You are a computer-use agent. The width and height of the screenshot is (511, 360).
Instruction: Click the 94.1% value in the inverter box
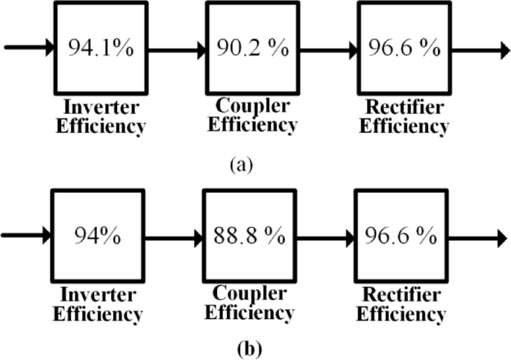[x=101, y=48]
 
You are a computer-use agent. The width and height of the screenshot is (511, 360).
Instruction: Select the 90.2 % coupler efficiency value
[x=252, y=48]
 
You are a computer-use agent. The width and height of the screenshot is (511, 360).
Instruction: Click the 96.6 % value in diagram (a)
[x=404, y=48]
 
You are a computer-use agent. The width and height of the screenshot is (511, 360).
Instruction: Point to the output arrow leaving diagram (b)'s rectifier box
[x=477, y=239]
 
